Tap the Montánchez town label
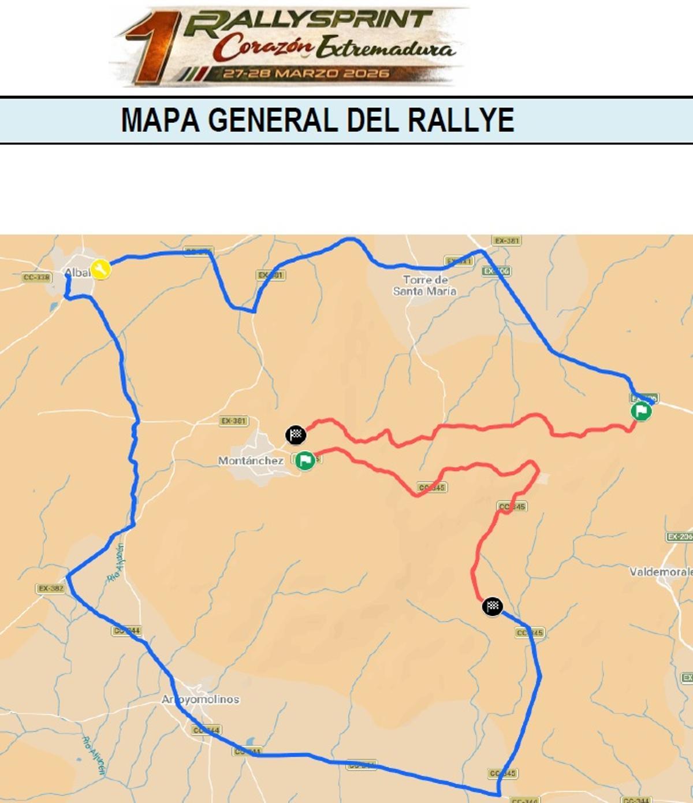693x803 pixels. (x=251, y=460)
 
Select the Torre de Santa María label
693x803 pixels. (x=425, y=285)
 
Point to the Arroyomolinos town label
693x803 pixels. (x=200, y=699)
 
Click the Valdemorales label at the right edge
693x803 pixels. (x=661, y=571)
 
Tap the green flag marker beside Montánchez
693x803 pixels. (x=305, y=460)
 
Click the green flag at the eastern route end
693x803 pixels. (x=641, y=411)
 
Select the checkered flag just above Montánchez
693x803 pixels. (x=296, y=434)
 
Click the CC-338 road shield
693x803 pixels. (x=37, y=277)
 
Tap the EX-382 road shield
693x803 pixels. (x=51, y=588)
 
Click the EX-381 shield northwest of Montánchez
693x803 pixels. (x=233, y=421)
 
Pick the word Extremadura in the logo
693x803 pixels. (x=385, y=47)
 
